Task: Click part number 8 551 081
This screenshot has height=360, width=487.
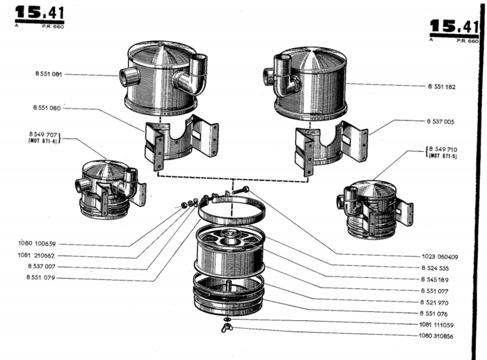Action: tap(47, 74)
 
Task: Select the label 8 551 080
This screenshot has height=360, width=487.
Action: tap(47, 108)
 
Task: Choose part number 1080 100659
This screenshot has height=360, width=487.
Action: tap(37, 244)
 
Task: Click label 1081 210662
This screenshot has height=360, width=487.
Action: tap(38, 256)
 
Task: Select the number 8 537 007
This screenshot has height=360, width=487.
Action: tap(42, 267)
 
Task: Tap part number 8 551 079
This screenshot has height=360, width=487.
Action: tap(42, 279)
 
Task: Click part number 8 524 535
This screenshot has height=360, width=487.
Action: tap(436, 267)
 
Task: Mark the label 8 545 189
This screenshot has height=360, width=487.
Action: tap(436, 279)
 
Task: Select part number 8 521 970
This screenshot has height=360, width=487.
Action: tap(436, 302)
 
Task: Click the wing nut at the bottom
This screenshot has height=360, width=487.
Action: tap(227, 328)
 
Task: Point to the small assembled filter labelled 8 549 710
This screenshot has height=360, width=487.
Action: tap(372, 208)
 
